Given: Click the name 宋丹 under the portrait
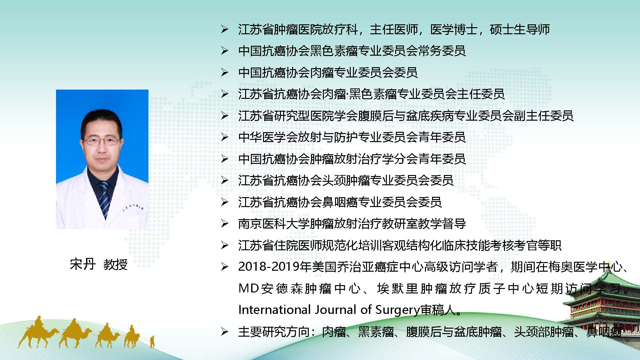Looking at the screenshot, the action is click(83, 264).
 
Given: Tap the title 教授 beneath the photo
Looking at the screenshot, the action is click(116, 264).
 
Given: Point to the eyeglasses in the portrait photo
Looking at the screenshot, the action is click(102, 141).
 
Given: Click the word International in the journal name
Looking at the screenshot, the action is click(275, 309).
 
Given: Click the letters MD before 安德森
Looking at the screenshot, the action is click(249, 288).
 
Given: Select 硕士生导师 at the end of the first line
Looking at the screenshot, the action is click(520, 29).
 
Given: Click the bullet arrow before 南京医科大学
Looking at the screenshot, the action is click(225, 223).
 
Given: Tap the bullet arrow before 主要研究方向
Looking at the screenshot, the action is click(225, 332).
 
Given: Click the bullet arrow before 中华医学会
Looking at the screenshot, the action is click(225, 137).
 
